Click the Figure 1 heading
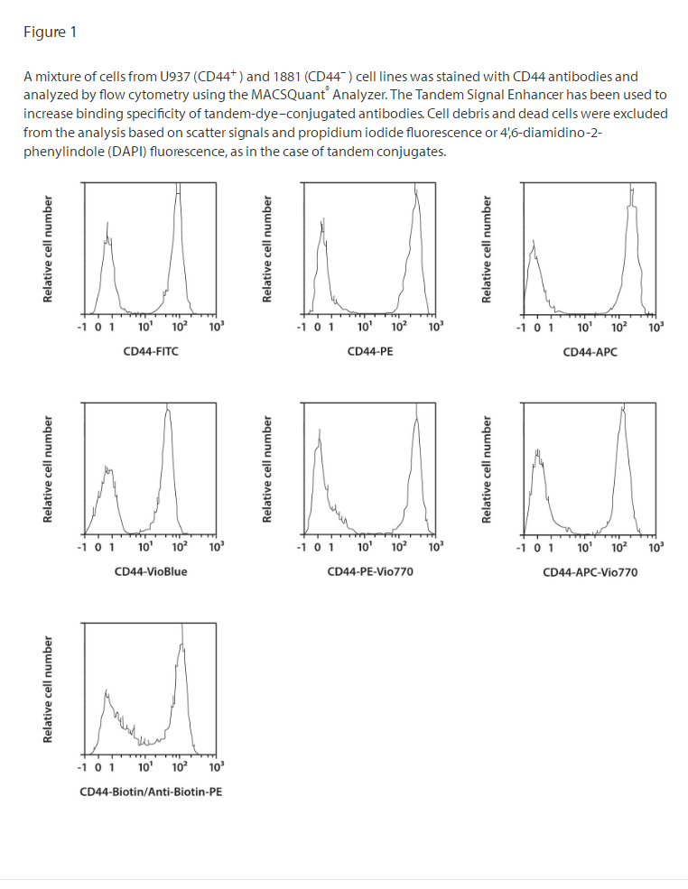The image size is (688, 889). pos(50,32)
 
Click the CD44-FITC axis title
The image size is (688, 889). pos(151,351)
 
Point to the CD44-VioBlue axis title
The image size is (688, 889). pos(151,571)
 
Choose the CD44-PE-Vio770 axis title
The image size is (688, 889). pos(370,571)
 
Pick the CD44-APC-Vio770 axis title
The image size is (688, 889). pos(590,571)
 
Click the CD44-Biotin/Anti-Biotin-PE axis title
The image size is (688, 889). pos(151,792)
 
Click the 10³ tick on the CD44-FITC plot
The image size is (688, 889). pos(216,326)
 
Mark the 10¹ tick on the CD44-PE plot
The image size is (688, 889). pos(364,326)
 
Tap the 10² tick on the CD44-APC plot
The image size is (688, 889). pos(619,326)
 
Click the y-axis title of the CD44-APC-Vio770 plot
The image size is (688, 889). pos(488,469)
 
